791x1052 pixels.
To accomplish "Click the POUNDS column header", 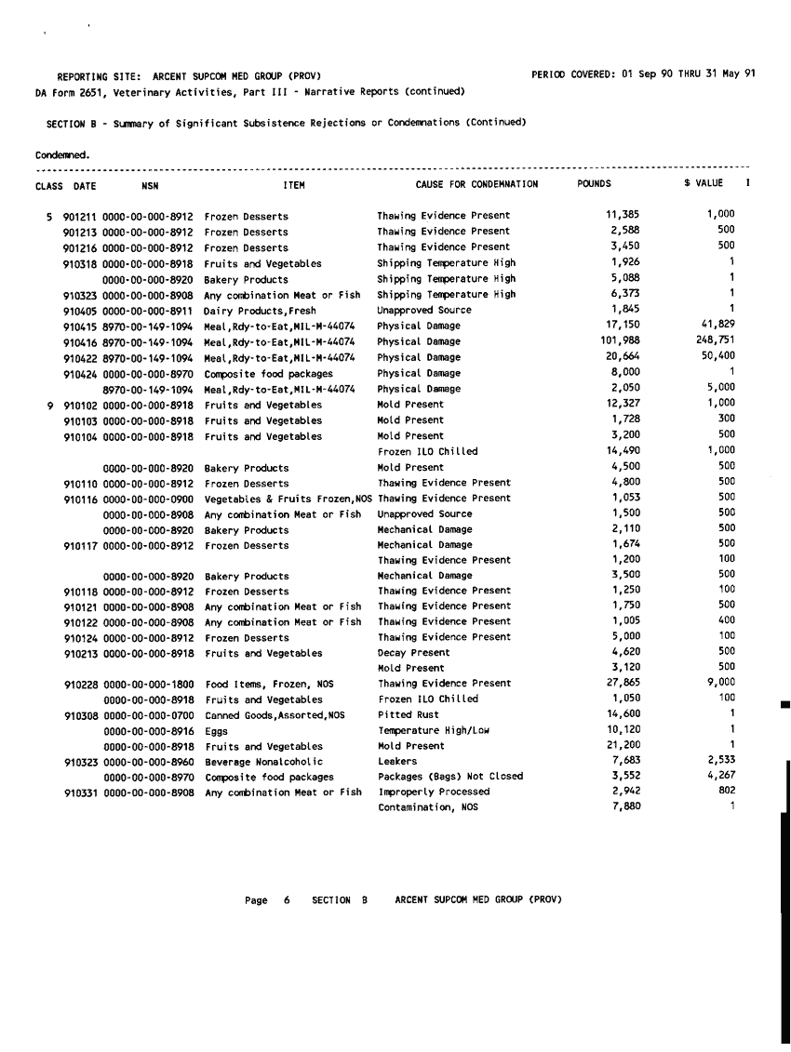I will pos(594,184).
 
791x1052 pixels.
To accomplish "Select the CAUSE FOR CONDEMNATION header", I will pos(476,184).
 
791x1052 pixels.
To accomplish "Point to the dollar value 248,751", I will pos(716,340).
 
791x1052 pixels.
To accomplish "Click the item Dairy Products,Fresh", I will pos(260,311).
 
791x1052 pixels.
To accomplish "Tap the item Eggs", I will pos(216,731).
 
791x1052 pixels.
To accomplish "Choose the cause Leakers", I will pos(397,762).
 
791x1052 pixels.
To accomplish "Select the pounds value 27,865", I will pos(623,684).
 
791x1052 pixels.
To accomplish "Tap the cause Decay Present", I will pos(413,653).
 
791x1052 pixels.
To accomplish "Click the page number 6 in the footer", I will pos(287,900).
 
